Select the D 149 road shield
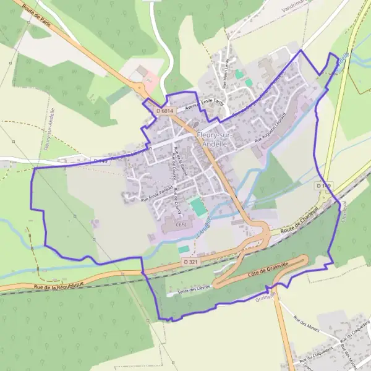pyautogui.click(x=323, y=185)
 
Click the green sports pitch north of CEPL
pyautogui.click(x=198, y=207)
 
